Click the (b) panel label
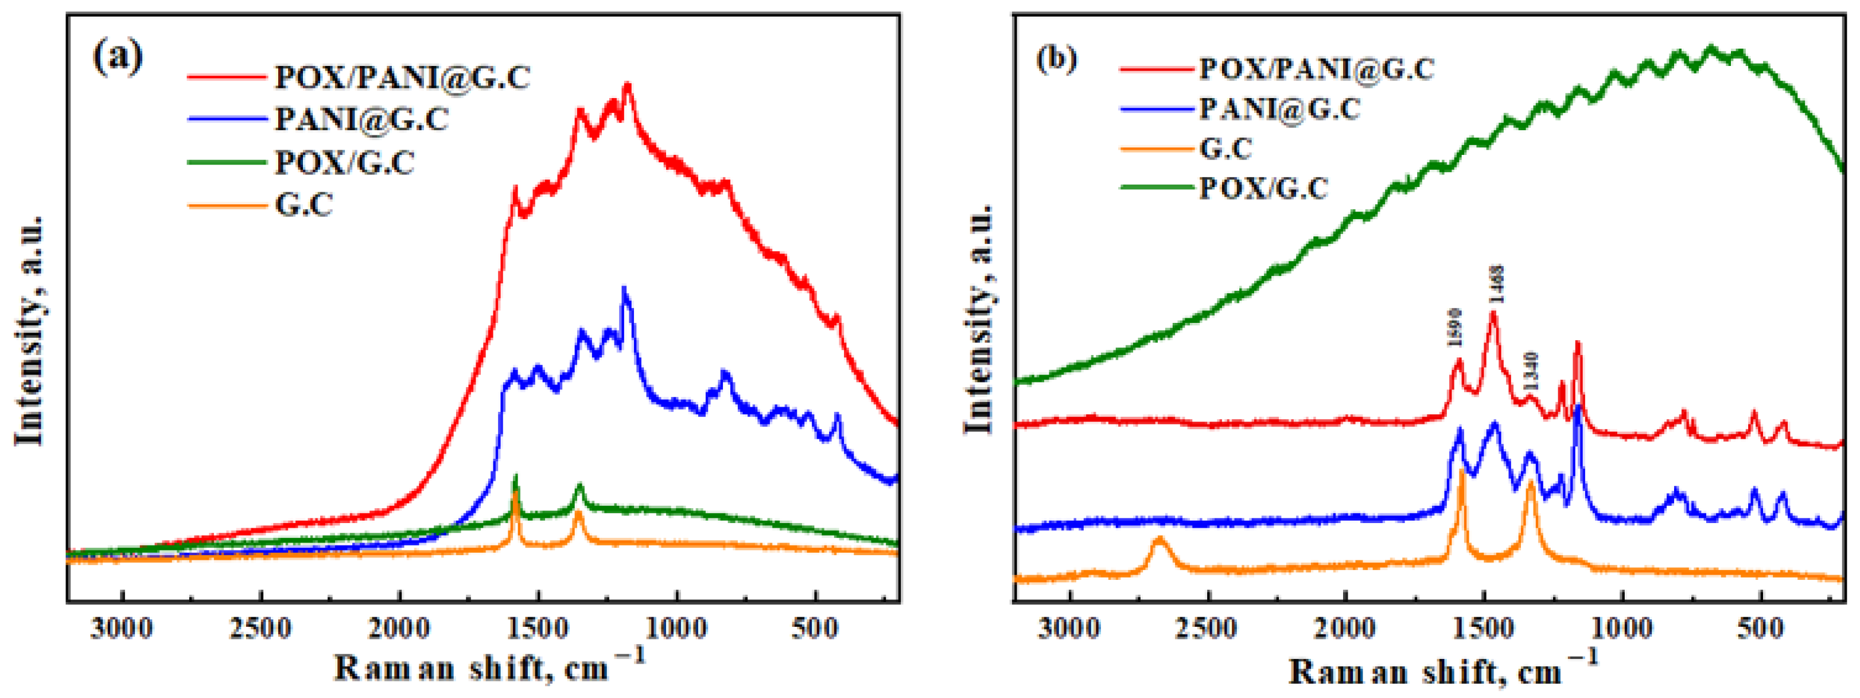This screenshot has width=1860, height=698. (1056, 58)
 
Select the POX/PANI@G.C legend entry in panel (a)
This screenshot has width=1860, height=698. (402, 77)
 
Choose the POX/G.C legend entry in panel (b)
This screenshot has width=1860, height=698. (1263, 188)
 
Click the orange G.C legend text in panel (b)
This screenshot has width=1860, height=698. (1225, 149)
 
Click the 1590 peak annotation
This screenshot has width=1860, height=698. (1455, 327)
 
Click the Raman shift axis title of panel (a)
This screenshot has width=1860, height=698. (488, 667)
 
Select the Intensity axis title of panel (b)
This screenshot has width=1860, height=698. (980, 318)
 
